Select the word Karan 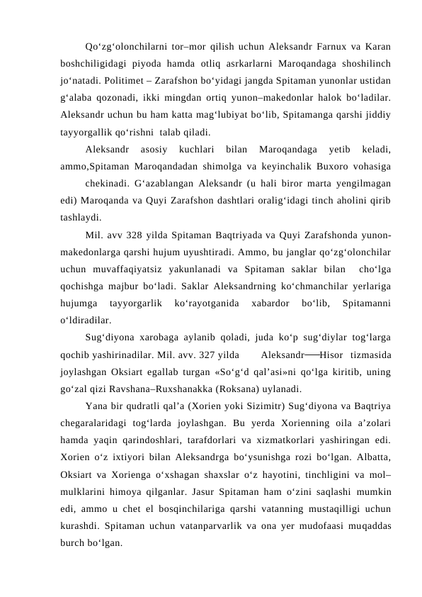click(376, 48)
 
